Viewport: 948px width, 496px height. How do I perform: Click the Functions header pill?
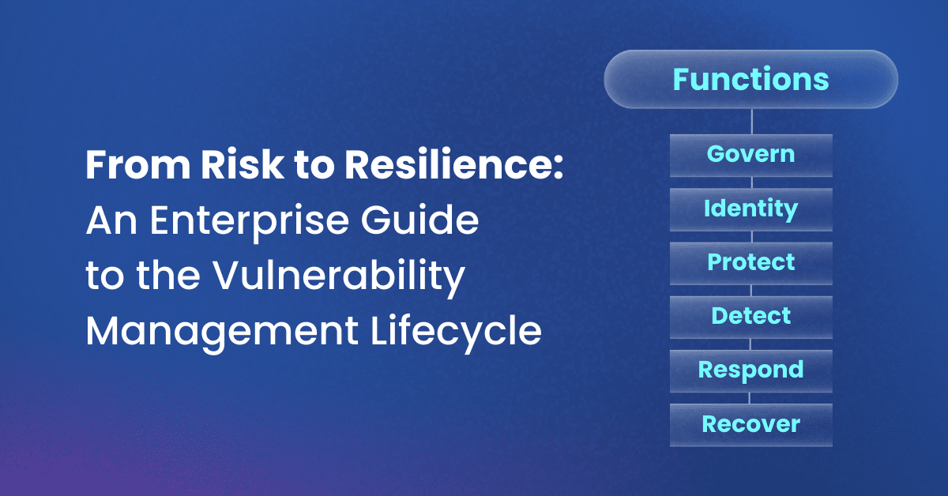pos(750,79)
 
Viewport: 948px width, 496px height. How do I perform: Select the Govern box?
pos(750,156)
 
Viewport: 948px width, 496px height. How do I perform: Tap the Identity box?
pos(750,209)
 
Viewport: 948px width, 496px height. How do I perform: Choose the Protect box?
pos(750,263)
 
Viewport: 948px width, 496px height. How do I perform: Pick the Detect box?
pos(750,317)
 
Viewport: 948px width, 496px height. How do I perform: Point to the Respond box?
pos(750,371)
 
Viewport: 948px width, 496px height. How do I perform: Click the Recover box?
pos(750,425)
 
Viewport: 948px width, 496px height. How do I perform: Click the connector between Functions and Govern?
pos(751,122)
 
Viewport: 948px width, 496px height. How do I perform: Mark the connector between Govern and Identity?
pos(751,182)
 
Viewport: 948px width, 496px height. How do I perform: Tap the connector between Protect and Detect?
pos(751,291)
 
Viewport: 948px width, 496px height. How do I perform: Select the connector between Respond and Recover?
pos(750,398)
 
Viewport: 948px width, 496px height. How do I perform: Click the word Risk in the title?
pos(242,164)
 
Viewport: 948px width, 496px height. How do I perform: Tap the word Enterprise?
pos(250,221)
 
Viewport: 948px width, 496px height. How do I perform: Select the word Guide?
pos(419,220)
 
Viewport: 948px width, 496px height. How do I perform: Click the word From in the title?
pos(138,164)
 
